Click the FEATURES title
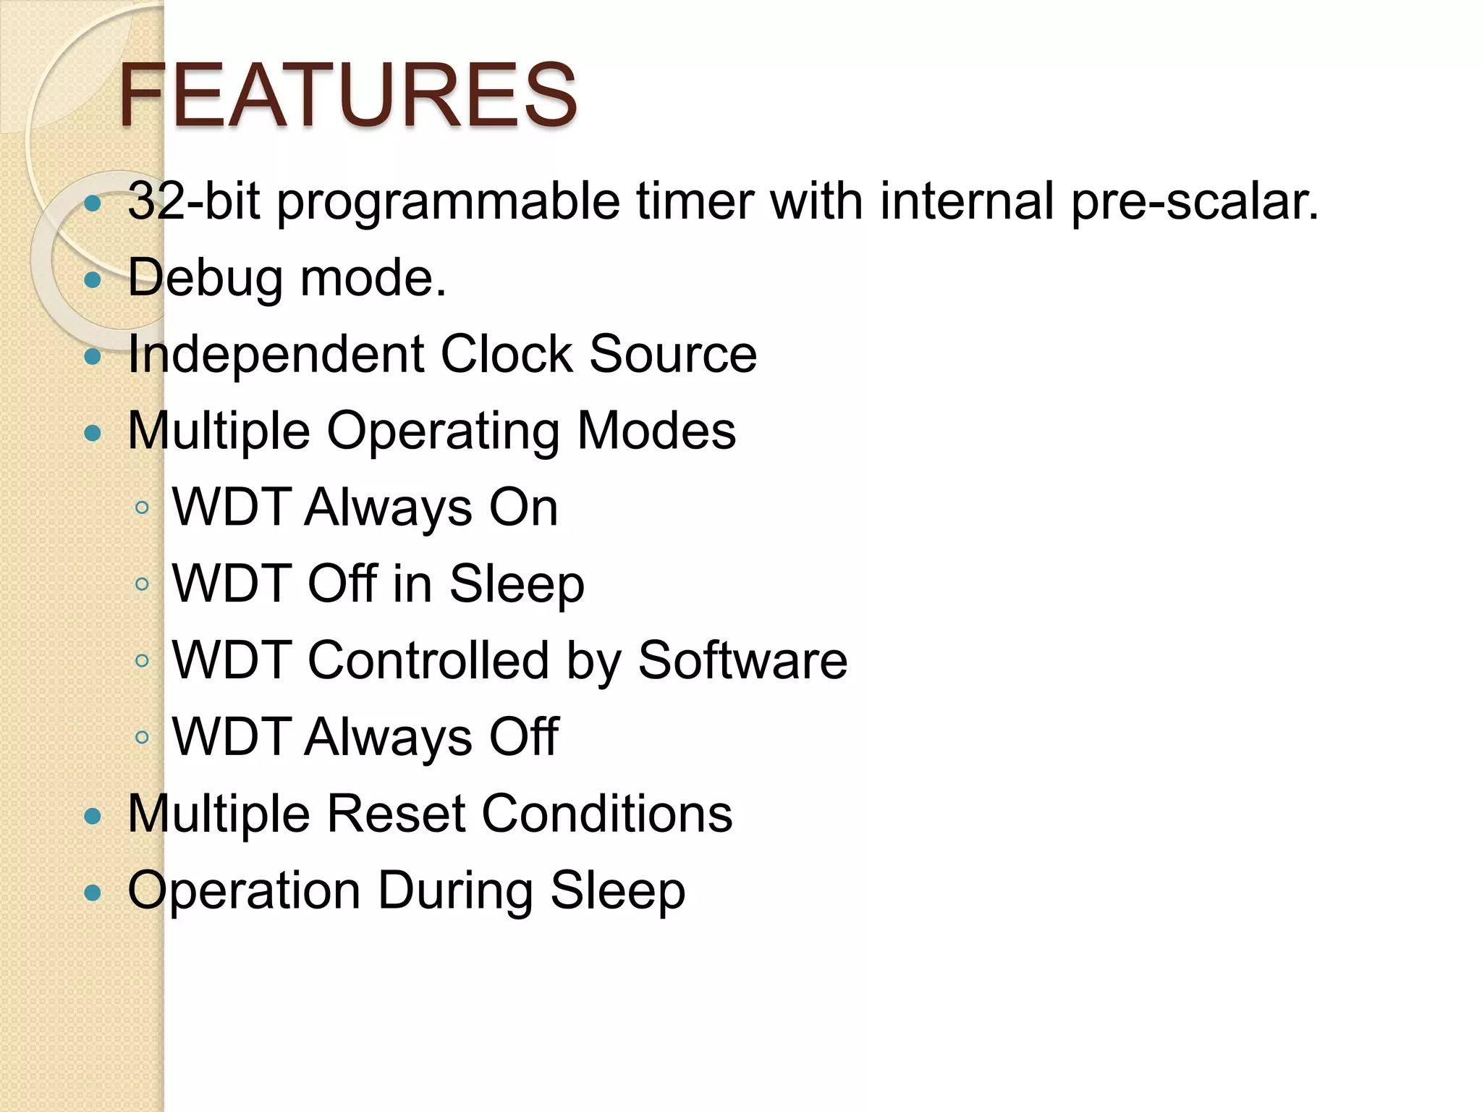click(x=347, y=95)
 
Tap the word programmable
click(x=449, y=203)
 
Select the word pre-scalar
click(x=1194, y=203)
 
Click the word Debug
click(x=206, y=279)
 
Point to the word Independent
click(x=276, y=355)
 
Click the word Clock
click(x=507, y=354)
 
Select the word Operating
click(x=443, y=432)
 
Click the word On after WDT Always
click(x=524, y=507)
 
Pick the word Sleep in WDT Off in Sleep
click(x=517, y=585)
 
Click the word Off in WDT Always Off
click(x=524, y=737)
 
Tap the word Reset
click(x=396, y=814)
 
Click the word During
click(x=455, y=890)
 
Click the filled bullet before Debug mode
click(x=93, y=280)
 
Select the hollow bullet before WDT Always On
click(x=142, y=507)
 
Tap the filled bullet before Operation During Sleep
click(x=93, y=893)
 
